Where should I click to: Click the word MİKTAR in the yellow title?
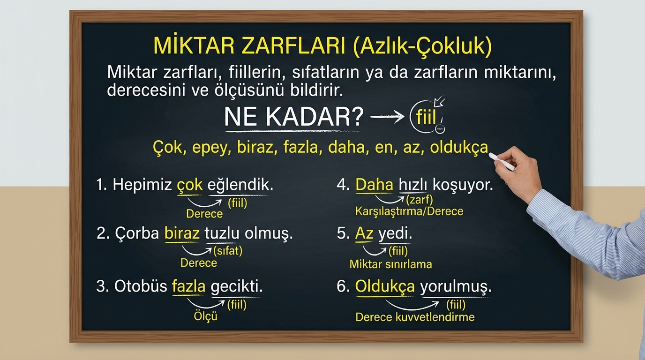tap(194, 45)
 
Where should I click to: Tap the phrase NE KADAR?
tap(294, 117)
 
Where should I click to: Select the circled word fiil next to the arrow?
tap(426, 117)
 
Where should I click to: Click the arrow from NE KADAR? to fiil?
tap(387, 117)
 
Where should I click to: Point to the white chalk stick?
tap(502, 162)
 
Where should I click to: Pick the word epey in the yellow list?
tap(212, 148)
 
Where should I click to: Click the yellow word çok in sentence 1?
tap(190, 185)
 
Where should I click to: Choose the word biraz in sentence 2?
tap(182, 233)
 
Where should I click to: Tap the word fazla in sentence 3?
tap(189, 286)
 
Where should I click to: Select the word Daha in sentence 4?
tap(375, 185)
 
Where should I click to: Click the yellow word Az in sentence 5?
tap(364, 233)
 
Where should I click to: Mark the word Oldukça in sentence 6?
tap(385, 286)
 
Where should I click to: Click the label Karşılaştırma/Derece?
tap(409, 211)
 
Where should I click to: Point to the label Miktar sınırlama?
tap(391, 264)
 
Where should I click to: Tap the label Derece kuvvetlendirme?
tap(415, 317)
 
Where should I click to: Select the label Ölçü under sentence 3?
tap(205, 316)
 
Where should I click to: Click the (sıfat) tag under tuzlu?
tap(228, 251)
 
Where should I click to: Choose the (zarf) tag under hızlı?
tap(419, 199)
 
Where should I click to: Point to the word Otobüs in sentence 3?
tap(141, 286)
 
